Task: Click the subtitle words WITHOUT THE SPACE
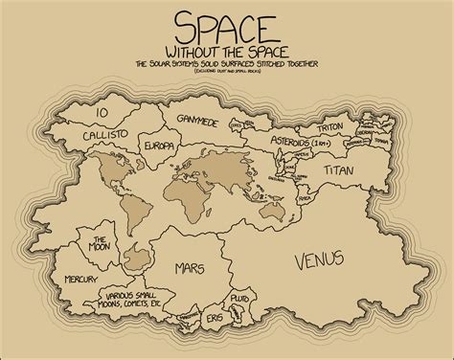(x=227, y=50)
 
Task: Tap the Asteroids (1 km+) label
(x=317, y=145)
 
